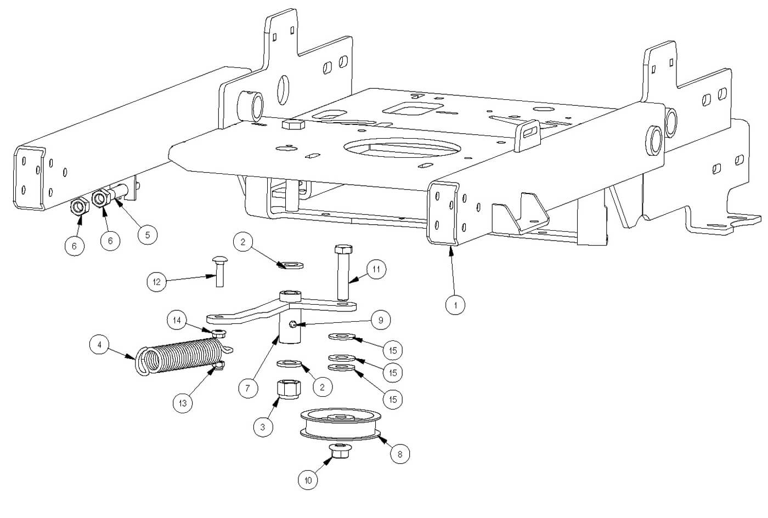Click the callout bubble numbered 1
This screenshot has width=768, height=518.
[x=455, y=304]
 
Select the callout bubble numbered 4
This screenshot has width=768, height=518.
[x=99, y=345]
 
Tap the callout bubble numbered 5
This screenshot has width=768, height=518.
[x=147, y=235]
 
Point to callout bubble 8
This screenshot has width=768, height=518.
[x=400, y=454]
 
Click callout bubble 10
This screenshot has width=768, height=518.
[x=308, y=480]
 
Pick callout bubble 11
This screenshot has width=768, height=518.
[x=376, y=270]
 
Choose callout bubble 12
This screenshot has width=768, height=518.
[x=157, y=282]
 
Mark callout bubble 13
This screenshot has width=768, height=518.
[x=183, y=403]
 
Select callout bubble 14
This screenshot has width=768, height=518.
[x=177, y=320]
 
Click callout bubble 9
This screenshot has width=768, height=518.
[x=381, y=320]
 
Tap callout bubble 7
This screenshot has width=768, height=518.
[x=248, y=389]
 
